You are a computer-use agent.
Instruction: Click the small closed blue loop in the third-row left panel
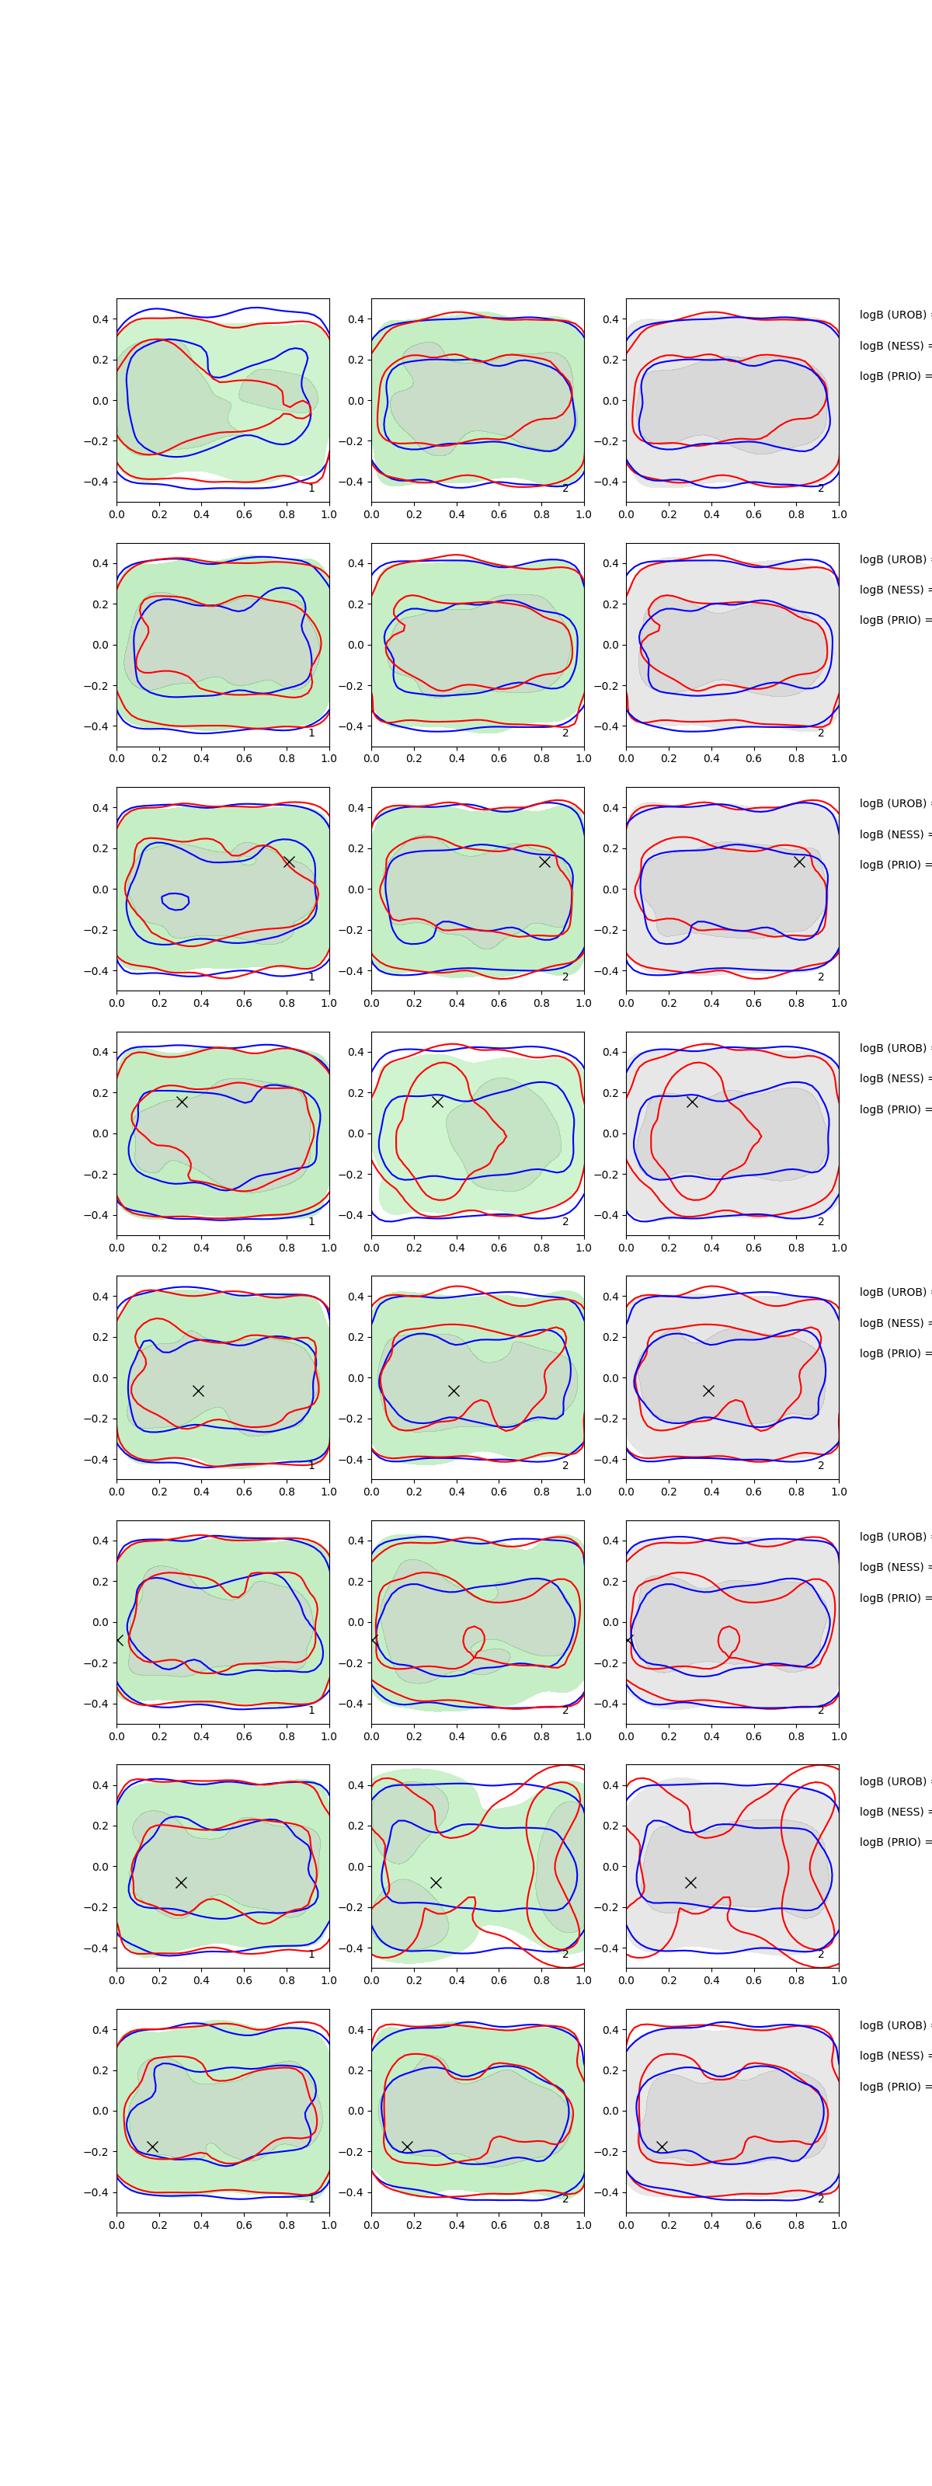point(175,900)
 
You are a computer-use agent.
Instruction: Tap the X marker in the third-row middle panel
point(544,861)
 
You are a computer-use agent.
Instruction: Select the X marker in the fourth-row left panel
point(182,1101)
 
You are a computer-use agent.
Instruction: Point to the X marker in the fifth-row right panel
point(708,1391)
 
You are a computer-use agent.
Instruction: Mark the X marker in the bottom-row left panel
point(152,2147)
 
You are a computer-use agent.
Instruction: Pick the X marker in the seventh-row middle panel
point(436,1882)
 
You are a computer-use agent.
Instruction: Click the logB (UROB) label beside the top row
point(893,315)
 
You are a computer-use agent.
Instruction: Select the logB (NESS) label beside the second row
point(893,590)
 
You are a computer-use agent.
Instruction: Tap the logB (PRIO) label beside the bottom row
point(893,2087)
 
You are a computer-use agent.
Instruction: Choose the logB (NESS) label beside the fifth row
point(893,1323)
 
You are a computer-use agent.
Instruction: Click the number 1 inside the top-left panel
point(311,489)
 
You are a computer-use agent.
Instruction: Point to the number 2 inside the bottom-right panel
point(821,2199)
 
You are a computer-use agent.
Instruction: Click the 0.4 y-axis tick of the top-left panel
point(100,319)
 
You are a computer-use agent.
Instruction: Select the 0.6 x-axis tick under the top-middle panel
point(499,514)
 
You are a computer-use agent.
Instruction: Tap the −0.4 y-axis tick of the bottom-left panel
point(96,2192)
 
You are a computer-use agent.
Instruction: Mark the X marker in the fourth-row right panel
point(692,1101)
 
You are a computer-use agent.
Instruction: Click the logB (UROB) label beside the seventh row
point(893,1781)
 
